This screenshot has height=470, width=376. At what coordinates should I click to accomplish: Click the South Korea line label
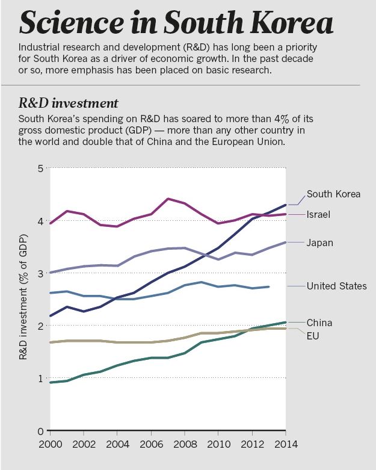333,194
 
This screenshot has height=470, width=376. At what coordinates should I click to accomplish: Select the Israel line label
319,214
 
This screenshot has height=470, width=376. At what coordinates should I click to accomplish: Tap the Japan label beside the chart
320,243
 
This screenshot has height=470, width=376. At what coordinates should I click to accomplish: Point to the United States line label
336,286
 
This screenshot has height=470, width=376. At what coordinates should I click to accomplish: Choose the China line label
319,323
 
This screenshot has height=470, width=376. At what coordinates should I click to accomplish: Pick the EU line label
313,335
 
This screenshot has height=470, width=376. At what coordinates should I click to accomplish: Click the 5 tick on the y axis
40,169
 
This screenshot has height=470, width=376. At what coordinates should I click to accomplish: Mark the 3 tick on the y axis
40,274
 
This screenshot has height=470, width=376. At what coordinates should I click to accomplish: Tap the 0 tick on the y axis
40,431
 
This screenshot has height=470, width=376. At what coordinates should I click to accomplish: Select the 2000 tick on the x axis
50,445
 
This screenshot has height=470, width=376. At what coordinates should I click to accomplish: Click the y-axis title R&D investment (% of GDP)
23,300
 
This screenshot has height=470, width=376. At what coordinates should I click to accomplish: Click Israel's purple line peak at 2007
168,199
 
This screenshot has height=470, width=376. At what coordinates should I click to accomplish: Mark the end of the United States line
268,286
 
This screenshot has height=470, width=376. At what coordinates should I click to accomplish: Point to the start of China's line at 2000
51,382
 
